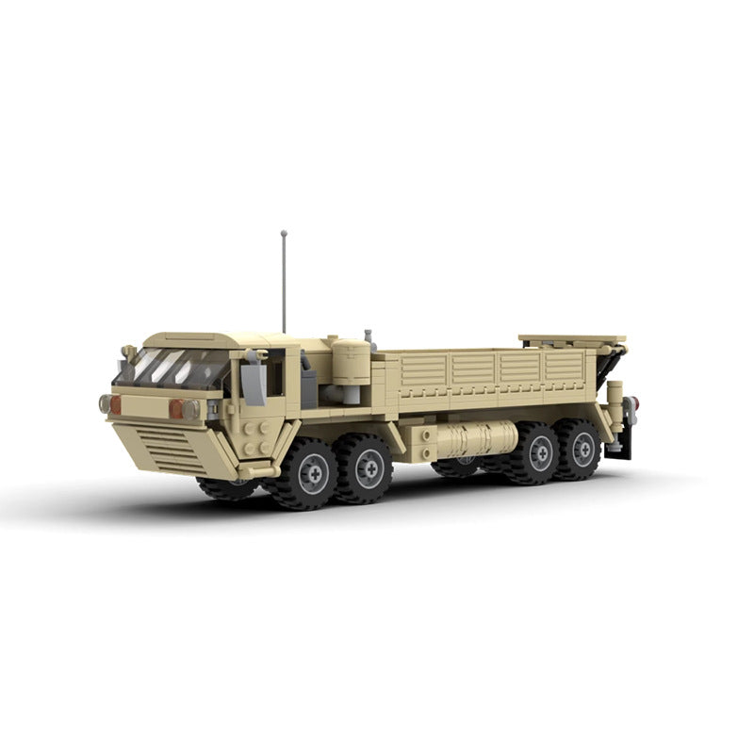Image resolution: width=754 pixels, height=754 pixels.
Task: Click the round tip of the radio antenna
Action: (284, 232)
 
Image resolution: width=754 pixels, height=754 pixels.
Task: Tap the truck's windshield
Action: (174, 368)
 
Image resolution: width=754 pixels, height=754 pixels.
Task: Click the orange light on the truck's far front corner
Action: (115, 404)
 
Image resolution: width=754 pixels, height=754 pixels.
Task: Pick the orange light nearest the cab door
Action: (177, 409)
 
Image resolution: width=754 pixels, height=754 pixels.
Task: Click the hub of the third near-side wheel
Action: (540, 454)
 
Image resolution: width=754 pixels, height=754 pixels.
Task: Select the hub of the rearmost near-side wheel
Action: (583, 450)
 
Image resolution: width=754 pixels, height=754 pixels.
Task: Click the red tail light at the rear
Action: (635, 403)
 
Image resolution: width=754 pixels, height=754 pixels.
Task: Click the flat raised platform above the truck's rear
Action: (571, 338)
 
